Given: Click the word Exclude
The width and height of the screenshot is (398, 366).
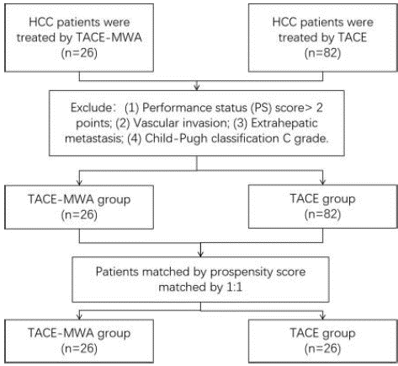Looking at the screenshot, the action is click(92, 108).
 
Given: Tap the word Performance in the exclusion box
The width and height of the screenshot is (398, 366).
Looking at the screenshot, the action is click(174, 108).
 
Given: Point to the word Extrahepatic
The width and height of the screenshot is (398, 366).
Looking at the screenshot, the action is click(284, 123).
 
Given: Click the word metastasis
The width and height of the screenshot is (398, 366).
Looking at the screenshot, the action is click(94, 138).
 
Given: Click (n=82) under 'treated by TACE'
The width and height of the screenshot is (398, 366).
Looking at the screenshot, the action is click(322, 53).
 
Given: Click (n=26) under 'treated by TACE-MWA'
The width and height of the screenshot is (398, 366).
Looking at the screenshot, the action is click(79, 53).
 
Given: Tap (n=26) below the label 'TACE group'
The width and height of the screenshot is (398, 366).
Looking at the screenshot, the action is click(322, 348).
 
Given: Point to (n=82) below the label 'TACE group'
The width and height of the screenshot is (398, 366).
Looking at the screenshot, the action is click(322, 214).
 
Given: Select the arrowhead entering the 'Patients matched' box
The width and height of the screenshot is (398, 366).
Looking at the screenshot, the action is click(200, 254).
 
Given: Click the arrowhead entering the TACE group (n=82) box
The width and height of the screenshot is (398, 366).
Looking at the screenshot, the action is click(322, 182).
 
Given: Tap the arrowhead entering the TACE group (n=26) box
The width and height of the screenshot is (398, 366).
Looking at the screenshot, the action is click(322, 317).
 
